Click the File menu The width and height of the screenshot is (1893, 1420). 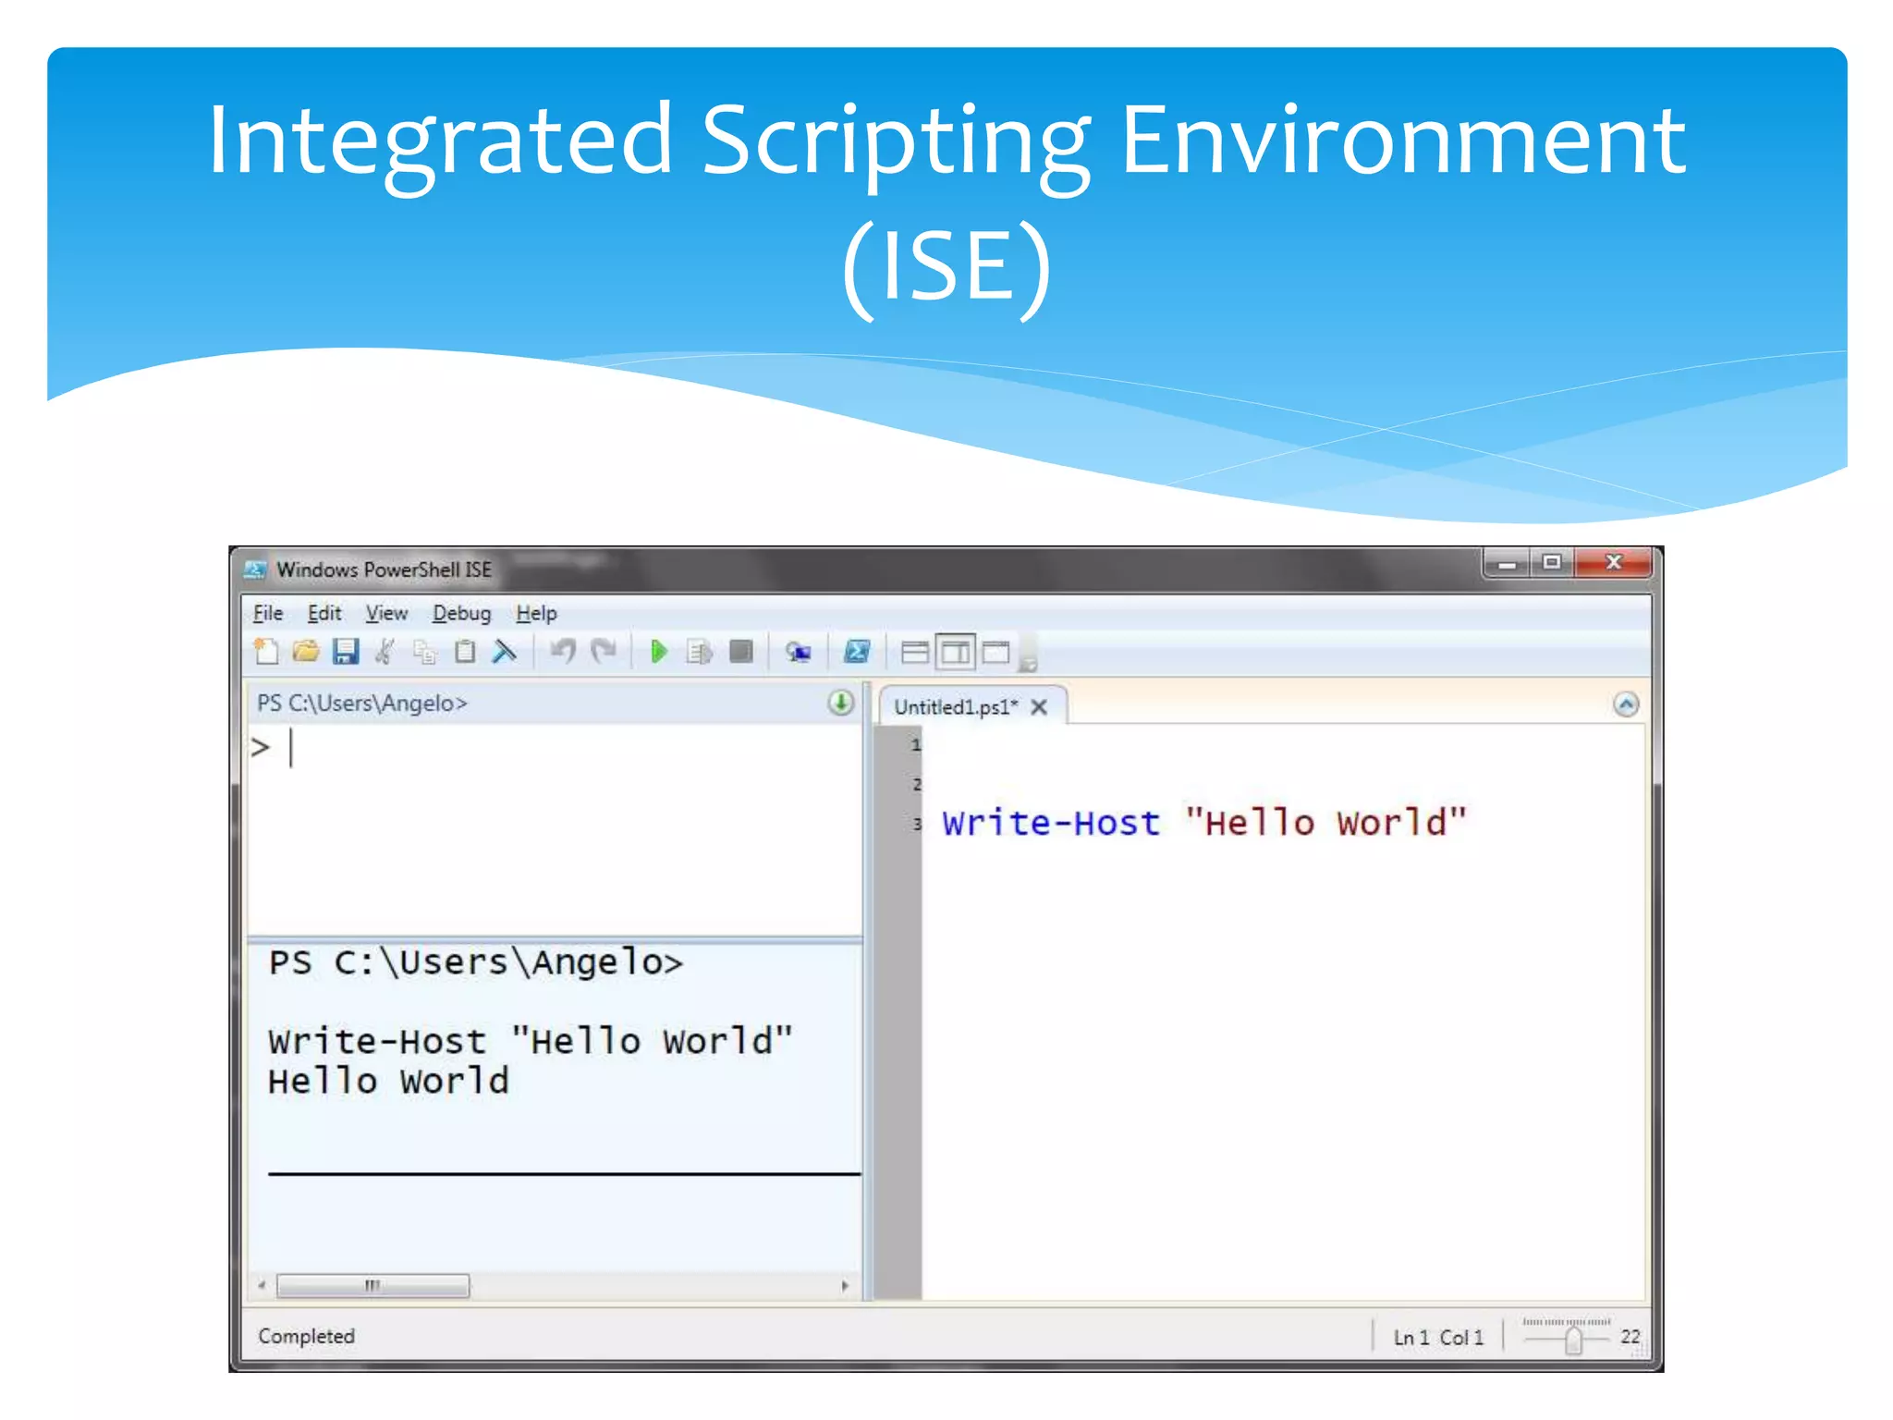(x=268, y=613)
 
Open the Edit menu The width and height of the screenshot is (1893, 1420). (x=324, y=613)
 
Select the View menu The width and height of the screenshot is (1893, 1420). (x=386, y=613)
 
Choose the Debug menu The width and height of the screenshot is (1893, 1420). (x=461, y=613)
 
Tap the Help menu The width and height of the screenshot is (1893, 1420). (x=536, y=613)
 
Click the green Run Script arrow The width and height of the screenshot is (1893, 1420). (x=659, y=652)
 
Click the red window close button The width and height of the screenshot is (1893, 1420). (x=1614, y=562)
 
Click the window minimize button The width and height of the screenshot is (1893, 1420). (x=1507, y=562)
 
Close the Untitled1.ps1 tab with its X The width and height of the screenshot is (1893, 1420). (x=1039, y=707)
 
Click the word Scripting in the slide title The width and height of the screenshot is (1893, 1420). (x=896, y=141)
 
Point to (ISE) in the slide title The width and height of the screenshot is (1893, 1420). (x=946, y=266)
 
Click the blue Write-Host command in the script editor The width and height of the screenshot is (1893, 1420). (x=1051, y=823)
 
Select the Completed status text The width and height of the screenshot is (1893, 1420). (x=306, y=1336)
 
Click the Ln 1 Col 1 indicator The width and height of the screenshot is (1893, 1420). (x=1438, y=1337)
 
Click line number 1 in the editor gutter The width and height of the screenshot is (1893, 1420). (x=915, y=744)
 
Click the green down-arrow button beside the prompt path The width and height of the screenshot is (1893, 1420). (x=840, y=704)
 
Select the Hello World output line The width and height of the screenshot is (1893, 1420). (x=388, y=1082)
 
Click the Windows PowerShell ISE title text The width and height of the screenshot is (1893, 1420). (x=384, y=569)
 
